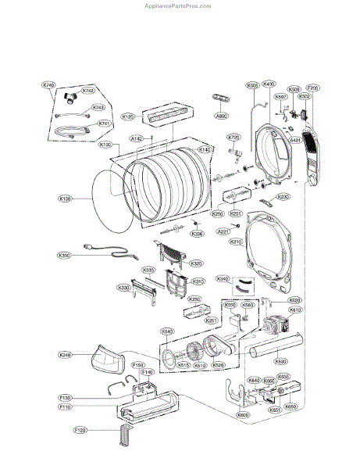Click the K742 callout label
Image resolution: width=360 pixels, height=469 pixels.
[88, 91]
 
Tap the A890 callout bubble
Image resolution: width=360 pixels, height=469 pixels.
[221, 115]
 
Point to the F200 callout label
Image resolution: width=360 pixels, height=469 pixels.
[312, 88]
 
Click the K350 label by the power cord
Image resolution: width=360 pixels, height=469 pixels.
[65, 255]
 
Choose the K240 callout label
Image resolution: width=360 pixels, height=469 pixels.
[66, 355]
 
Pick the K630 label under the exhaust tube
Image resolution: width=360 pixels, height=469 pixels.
[280, 362]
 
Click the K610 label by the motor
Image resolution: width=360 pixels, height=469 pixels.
[295, 310]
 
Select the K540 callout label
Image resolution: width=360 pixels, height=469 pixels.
[166, 331]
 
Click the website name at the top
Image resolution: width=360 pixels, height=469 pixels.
[179, 5]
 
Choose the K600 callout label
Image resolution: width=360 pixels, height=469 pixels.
[243, 415]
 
